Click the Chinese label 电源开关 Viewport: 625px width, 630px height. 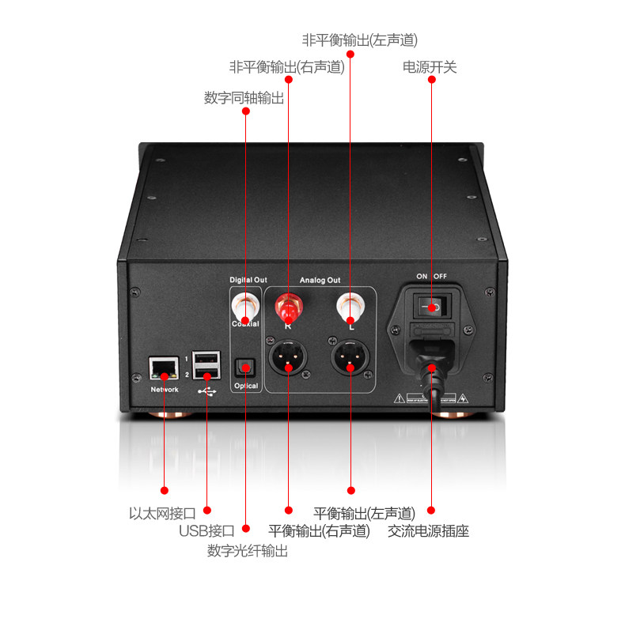[430, 67]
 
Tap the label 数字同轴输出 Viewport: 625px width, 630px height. [244, 98]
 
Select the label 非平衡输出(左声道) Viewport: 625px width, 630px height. [359, 39]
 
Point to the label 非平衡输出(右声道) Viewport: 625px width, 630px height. [286, 67]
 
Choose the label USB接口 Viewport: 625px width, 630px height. [206, 530]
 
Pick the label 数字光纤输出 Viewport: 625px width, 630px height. [248, 550]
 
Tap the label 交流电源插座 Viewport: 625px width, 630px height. [428, 530]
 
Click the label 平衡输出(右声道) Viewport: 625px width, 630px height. [319, 530]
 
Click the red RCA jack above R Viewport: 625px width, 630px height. [288, 304]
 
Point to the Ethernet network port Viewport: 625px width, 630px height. [164, 366]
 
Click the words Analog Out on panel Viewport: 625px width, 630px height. [320, 279]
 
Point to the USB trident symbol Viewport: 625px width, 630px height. [207, 390]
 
